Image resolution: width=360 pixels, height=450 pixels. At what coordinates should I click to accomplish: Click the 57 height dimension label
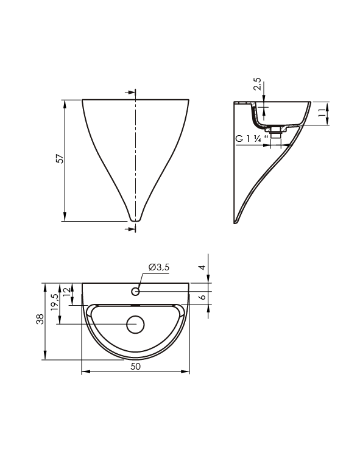point(59,158)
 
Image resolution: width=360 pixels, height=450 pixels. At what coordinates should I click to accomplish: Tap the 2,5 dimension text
point(257,84)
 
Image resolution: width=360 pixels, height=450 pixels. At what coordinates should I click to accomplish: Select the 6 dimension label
point(203,296)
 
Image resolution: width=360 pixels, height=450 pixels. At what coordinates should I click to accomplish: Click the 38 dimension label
point(40,319)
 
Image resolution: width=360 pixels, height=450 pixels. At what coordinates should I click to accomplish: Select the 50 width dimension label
point(135,366)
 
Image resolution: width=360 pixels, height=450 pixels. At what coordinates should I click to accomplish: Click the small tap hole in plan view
point(135,292)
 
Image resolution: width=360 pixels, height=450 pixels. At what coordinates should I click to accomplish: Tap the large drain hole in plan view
point(135,324)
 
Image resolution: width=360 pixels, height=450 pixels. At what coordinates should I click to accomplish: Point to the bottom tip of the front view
point(135,220)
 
